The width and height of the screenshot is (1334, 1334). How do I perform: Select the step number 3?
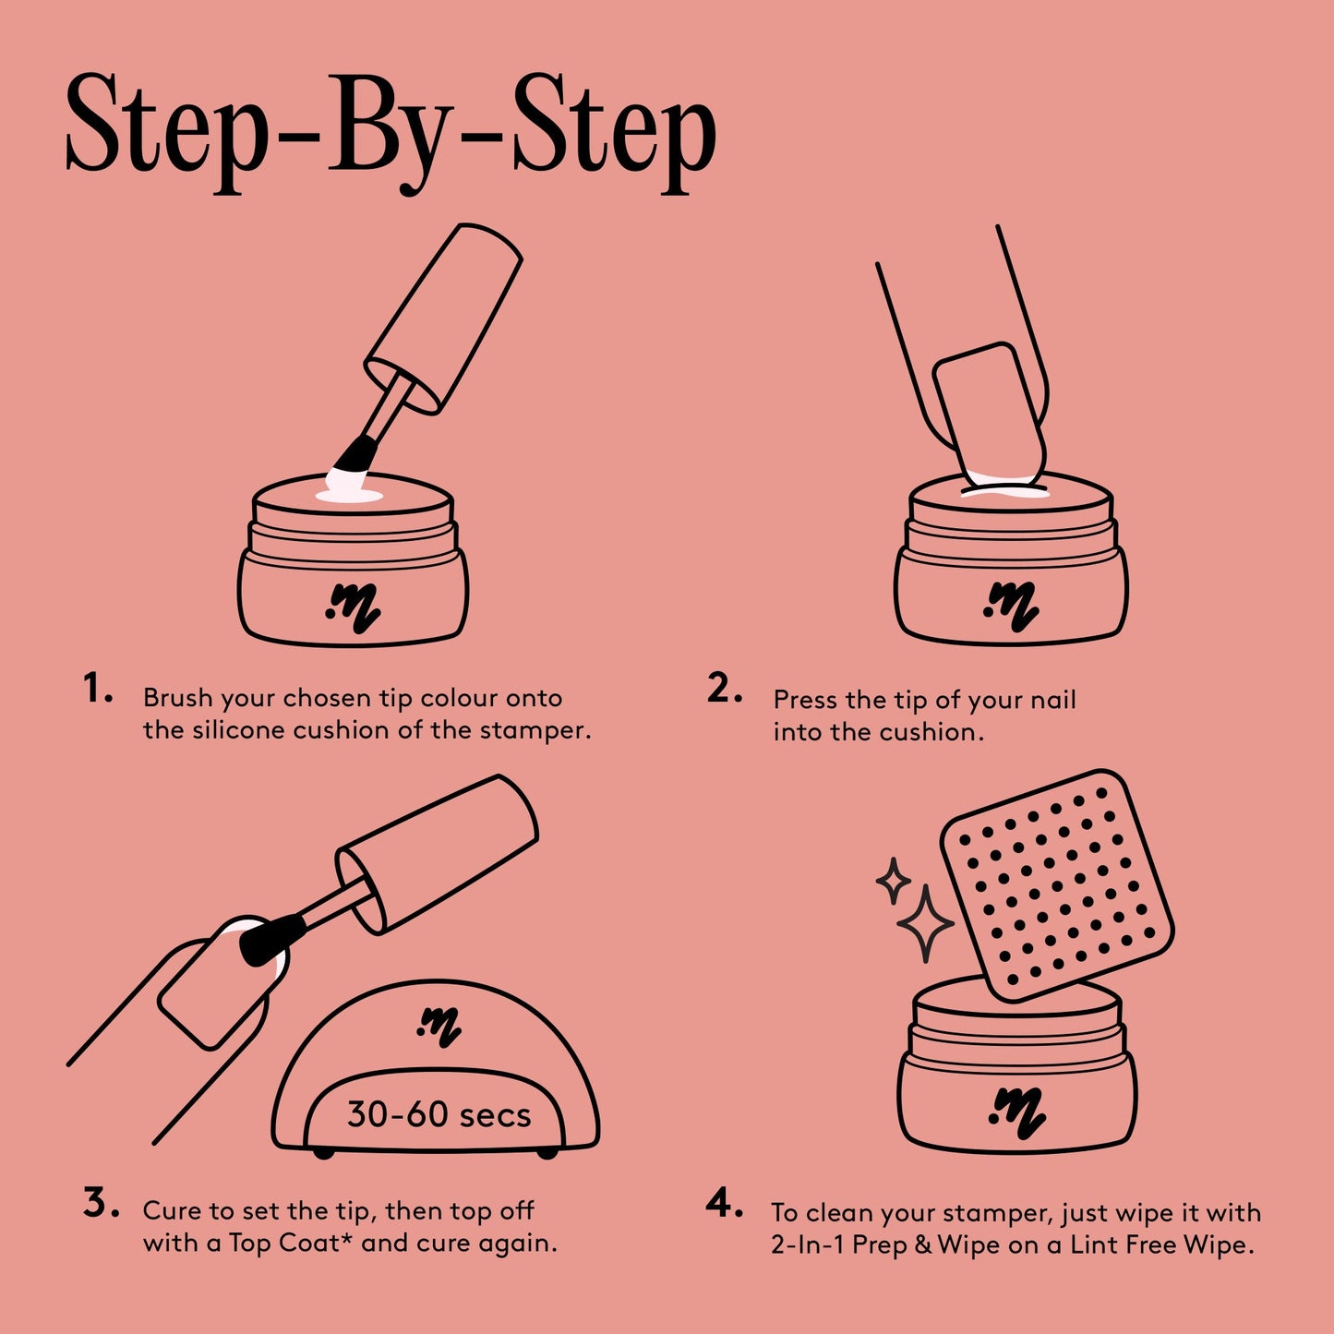[99, 1204]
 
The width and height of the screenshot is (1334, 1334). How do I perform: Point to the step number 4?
[724, 1204]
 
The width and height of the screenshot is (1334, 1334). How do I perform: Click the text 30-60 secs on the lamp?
[439, 1115]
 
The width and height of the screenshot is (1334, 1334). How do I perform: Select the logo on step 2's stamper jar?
[1011, 607]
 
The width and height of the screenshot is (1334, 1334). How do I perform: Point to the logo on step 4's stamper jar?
[1016, 1112]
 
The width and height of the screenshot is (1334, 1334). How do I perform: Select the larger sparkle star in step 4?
[925, 924]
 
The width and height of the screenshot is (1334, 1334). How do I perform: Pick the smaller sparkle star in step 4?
[893, 881]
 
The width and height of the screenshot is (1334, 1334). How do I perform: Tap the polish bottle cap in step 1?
[443, 318]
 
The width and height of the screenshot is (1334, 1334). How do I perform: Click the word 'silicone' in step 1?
[239, 730]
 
